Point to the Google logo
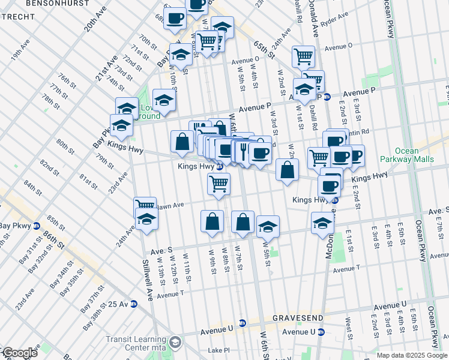(x=19, y=353)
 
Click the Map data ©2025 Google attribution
(x=412, y=355)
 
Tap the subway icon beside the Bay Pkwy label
(x=37, y=226)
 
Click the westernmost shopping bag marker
(x=182, y=141)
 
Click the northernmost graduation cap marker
(x=222, y=27)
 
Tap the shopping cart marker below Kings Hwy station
(x=218, y=183)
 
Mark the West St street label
(x=349, y=325)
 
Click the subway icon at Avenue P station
(x=327, y=97)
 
